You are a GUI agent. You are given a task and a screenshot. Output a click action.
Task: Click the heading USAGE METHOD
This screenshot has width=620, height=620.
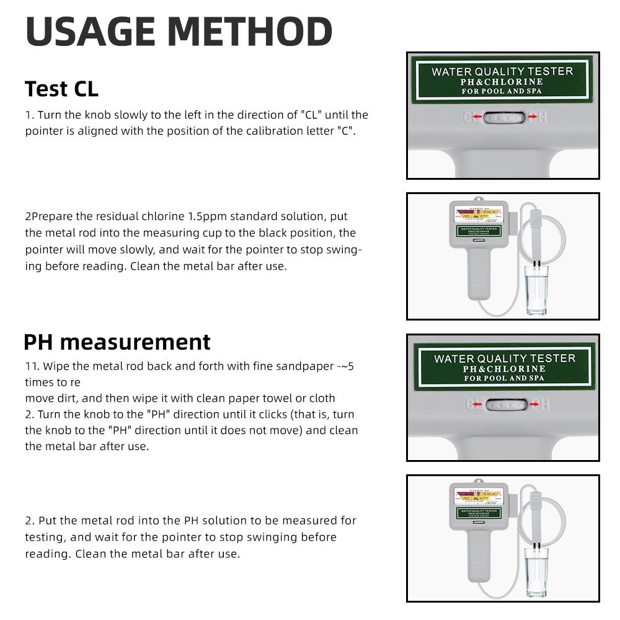[179, 32]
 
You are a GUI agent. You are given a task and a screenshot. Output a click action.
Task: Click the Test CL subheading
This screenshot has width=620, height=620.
[61, 89]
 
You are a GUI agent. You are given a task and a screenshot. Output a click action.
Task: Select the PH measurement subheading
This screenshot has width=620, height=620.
[117, 342]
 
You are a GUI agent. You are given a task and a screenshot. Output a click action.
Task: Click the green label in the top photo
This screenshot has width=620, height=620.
[502, 81]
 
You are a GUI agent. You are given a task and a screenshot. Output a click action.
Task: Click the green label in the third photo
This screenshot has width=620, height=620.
[504, 368]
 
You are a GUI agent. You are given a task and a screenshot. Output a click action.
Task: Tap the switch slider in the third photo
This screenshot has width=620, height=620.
[504, 405]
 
